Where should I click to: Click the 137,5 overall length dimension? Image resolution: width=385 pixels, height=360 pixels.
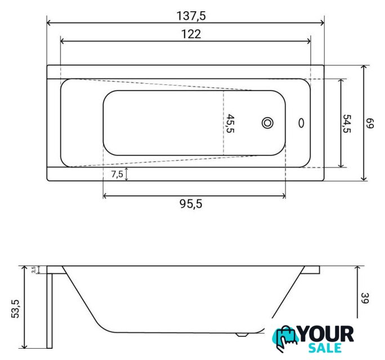[191, 16]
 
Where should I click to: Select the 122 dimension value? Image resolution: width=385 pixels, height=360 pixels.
[191, 34]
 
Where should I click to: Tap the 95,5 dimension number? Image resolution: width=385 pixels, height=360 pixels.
[191, 204]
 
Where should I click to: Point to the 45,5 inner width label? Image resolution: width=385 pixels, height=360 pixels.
[230, 123]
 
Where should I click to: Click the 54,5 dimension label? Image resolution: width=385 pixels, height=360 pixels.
[347, 123]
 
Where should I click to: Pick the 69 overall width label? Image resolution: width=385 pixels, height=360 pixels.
[370, 123]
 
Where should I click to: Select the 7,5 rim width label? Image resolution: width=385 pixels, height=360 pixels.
[117, 174]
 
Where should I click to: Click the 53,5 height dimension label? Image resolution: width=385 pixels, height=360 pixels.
[15, 309]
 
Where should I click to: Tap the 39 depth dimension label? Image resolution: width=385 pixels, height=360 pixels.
[365, 298]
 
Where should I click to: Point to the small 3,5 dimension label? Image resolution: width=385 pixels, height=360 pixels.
[34, 269]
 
